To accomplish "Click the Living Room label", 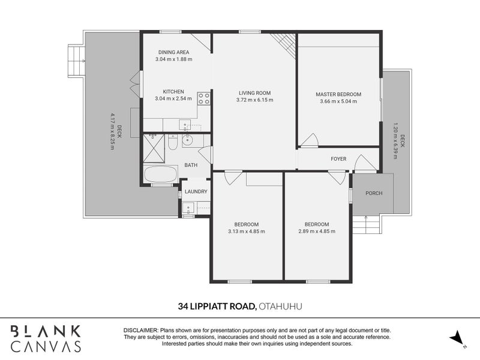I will point(255,93).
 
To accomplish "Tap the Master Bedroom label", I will point(338,94).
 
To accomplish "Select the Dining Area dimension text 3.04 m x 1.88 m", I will point(173,59).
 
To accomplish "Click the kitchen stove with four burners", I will point(204,98).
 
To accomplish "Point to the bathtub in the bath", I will point(160,176).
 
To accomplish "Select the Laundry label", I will point(196,192).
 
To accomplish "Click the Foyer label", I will point(339,159).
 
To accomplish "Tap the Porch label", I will point(373,193).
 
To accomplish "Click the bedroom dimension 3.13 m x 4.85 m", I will point(246,231).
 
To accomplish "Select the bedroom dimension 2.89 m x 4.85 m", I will point(316,231).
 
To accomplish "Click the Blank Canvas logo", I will point(46,338).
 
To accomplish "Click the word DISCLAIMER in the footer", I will point(140,331).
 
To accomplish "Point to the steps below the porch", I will point(365,226).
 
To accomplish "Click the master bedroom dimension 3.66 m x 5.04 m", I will point(338,101).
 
